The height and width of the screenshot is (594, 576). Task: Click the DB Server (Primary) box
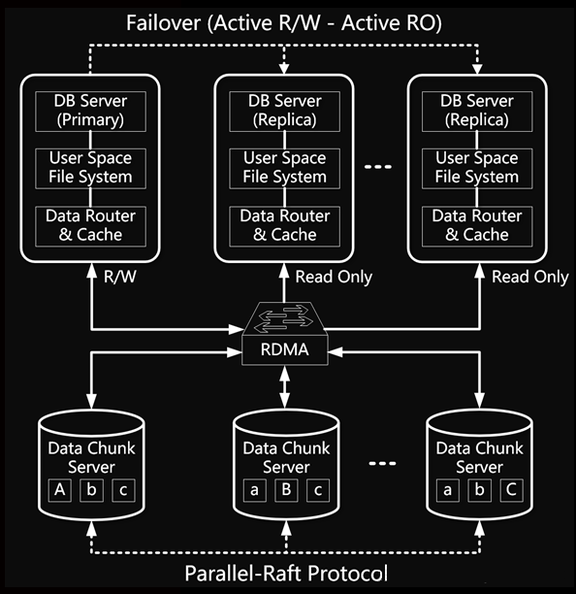(90, 112)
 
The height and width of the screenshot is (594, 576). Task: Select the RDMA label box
(284, 350)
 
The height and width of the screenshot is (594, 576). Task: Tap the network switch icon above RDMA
(284, 318)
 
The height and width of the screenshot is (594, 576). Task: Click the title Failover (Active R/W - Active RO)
(284, 23)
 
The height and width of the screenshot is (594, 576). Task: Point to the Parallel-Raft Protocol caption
(286, 574)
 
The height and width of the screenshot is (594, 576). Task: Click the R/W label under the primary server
(120, 277)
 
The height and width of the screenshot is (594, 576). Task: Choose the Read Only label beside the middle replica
(334, 277)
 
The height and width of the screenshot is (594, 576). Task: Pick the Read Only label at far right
(530, 277)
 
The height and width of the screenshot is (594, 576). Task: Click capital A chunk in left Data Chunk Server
(60, 490)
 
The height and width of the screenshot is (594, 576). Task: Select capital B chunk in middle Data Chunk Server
(286, 490)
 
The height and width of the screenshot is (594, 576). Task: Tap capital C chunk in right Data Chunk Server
(511, 490)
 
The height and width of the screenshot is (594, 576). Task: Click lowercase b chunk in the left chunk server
(91, 490)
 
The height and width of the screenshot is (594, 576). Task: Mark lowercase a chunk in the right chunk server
(448, 490)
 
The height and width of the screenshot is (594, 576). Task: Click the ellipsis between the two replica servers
(377, 167)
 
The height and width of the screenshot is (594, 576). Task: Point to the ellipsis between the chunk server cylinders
(382, 463)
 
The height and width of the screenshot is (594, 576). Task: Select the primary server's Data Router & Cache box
(90, 226)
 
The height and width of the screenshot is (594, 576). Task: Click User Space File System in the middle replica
(284, 169)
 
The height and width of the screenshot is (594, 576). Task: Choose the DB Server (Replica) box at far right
(477, 112)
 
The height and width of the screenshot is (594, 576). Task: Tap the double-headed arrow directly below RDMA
(284, 387)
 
